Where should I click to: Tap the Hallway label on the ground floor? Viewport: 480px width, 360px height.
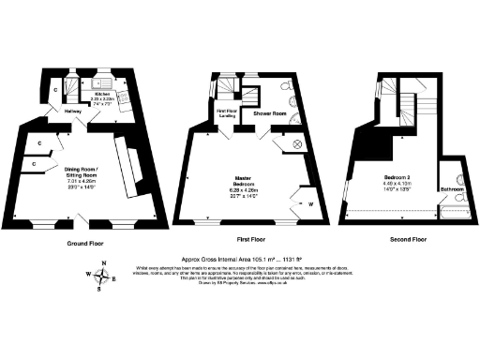pyautogui.click(x=71, y=111)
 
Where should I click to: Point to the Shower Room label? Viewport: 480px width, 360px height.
pyautogui.click(x=269, y=112)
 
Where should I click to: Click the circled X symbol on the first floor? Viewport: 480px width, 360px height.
pyautogui.click(x=299, y=143)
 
